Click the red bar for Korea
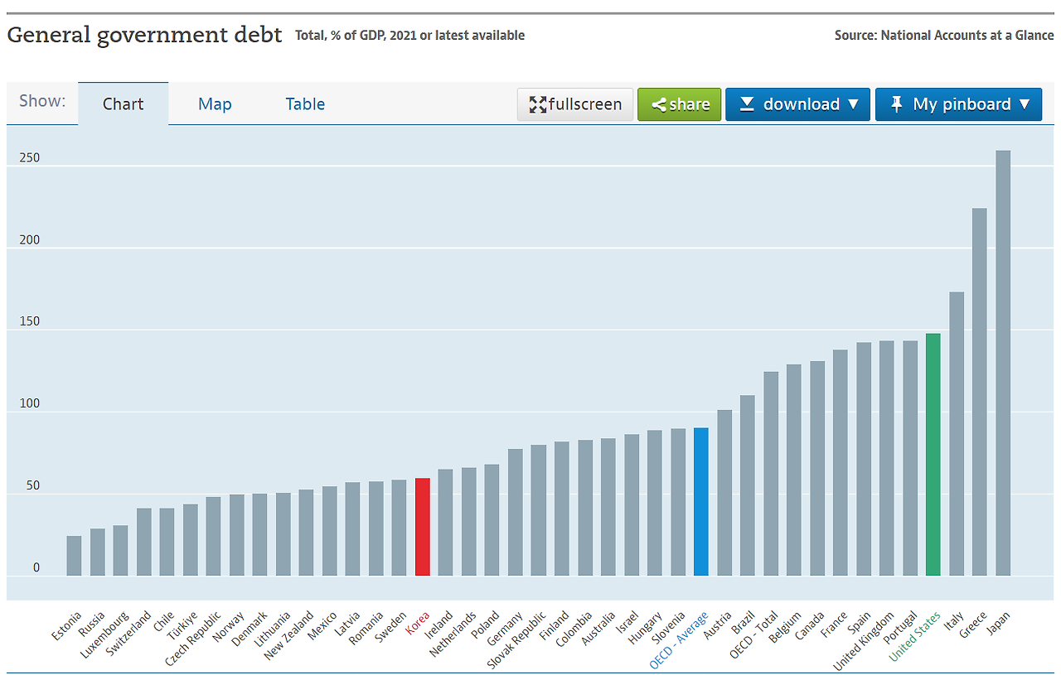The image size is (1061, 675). pos(422,527)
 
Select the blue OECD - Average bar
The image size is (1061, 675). pos(700,502)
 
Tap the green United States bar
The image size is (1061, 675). pos(933,455)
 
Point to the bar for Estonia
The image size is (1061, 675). pos(74,556)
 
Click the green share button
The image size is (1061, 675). pos(679,104)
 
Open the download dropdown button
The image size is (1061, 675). pos(797,104)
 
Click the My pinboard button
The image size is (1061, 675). pos(958,104)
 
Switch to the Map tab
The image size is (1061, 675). pos(215,104)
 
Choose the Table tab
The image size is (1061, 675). pos(305,104)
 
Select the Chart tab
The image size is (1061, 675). pos(123,104)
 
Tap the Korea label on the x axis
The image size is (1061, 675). pos(418,623)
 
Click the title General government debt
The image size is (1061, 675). pos(144,36)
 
